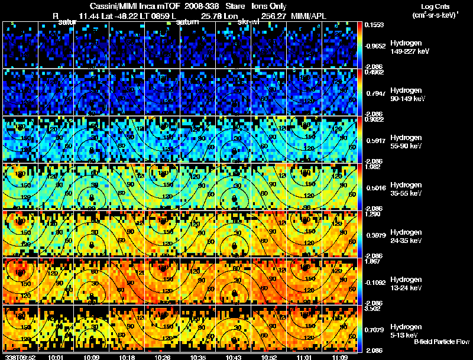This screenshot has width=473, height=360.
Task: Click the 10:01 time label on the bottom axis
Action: pyautogui.click(x=56, y=357)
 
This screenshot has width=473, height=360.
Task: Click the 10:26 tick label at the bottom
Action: pyautogui.click(x=163, y=357)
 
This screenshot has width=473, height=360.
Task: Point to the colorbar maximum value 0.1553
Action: pyautogui.click(x=374, y=25)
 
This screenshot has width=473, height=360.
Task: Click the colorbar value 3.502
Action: pyautogui.click(x=372, y=308)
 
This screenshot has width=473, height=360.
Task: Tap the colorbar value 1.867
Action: pyautogui.click(x=372, y=261)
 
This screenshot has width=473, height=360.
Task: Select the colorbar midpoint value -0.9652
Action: pyautogui.click(x=374, y=45)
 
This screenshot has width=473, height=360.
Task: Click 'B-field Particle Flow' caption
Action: pyautogui.click(x=441, y=342)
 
